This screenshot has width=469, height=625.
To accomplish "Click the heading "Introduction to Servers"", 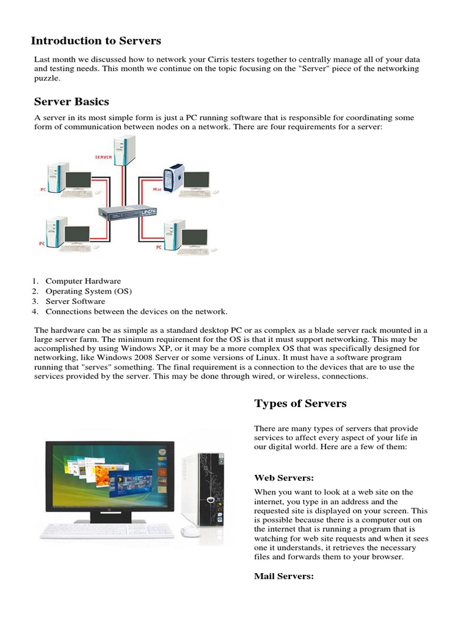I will pos(96,41).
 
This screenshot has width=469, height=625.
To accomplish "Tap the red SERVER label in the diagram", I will pos(103,157).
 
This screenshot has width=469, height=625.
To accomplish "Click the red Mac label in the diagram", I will pos(156,190).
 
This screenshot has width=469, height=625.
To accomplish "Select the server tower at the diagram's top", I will pos(126,150).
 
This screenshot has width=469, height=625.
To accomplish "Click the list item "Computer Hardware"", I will pos(83,281).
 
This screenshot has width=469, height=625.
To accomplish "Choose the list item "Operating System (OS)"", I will pos(89,292).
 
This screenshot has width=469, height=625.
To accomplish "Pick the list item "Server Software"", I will pos(75,302).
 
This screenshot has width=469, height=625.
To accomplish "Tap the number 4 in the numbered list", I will pos(35,312).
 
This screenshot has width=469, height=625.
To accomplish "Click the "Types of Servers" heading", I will pos(300,403).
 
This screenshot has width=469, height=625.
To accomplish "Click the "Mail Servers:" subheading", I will pos(283,576).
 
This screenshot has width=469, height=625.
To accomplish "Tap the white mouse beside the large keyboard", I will pos(191,531).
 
